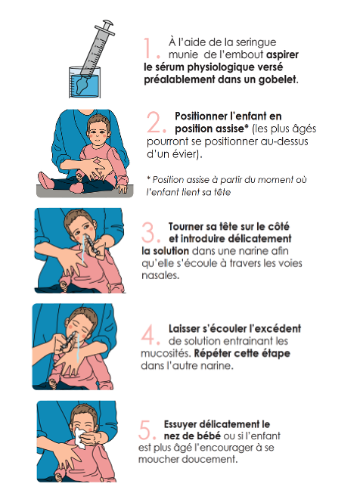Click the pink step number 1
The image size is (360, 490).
[x=151, y=48]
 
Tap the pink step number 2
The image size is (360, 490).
[x=157, y=122]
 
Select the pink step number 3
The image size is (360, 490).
[x=151, y=232]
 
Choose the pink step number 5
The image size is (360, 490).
[x=147, y=430]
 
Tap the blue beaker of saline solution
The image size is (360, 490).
[x=85, y=82]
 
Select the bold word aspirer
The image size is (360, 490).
[x=282, y=55]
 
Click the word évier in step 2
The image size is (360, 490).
[x=185, y=154]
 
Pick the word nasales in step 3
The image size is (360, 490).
[x=160, y=275]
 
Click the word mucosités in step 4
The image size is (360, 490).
[x=164, y=353]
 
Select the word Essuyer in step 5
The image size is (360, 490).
[x=180, y=425]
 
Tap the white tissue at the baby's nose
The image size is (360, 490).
[x=81, y=439]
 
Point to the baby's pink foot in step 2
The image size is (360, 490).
[x=45, y=180]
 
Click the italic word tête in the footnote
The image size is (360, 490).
[x=222, y=192]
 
